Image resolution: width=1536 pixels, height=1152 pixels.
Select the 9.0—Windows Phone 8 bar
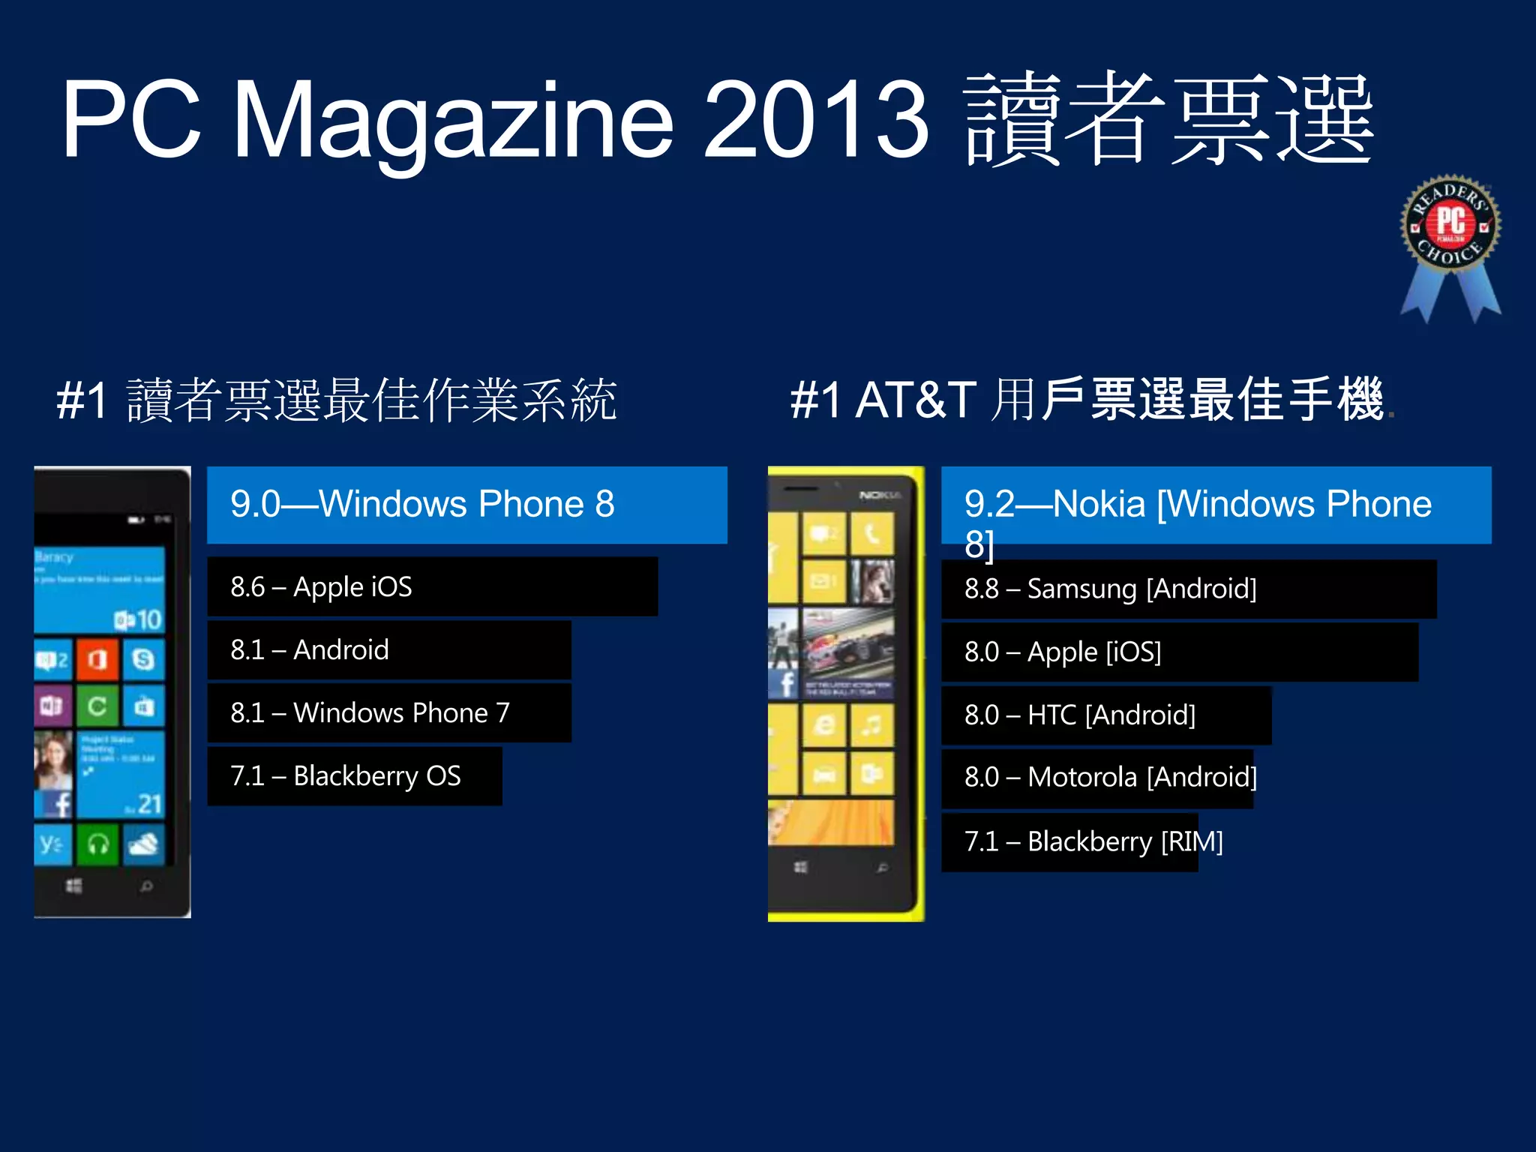[x=466, y=505]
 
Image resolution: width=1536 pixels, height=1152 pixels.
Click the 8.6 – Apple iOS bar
[x=432, y=586]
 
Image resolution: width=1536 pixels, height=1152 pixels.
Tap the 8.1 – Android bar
[x=388, y=649]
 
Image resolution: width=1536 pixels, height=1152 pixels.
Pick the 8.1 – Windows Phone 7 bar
[x=388, y=712]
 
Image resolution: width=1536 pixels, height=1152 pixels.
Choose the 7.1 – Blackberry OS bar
[x=354, y=775]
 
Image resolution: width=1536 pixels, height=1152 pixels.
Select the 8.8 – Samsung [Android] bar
[x=1188, y=589]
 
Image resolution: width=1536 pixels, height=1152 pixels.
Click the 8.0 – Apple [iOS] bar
[x=1179, y=652]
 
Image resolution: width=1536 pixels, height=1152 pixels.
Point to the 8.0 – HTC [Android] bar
[x=1105, y=715]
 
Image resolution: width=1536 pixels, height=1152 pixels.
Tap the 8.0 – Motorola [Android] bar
[x=1096, y=778]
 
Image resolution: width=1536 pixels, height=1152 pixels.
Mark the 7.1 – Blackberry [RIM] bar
[x=1069, y=842]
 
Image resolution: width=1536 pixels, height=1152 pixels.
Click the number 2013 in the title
[x=816, y=120]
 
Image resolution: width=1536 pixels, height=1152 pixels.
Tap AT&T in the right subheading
[x=915, y=399]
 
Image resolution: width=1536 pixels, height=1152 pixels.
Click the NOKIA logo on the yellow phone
[x=879, y=495]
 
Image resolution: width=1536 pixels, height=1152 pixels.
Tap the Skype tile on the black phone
[x=143, y=659]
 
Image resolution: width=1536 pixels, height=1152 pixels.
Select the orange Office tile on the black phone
[x=97, y=660]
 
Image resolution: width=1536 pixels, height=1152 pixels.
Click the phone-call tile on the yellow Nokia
[x=871, y=534]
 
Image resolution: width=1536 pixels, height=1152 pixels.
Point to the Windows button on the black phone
[x=73, y=886]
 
